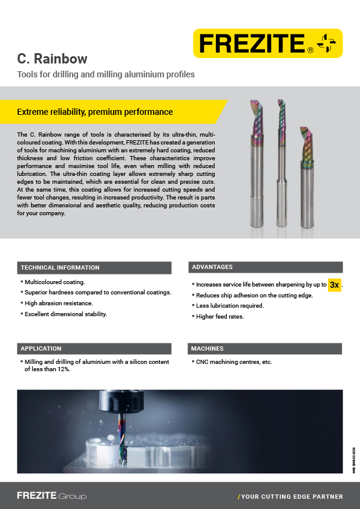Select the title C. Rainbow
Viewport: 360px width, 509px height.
point(53,59)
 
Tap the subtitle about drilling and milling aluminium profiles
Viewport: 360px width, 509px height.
point(106,75)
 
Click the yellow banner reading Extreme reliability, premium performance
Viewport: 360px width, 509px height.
point(95,112)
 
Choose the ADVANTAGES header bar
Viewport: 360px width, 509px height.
point(265,267)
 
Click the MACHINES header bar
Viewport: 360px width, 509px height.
point(265,349)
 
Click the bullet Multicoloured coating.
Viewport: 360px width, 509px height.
point(54,282)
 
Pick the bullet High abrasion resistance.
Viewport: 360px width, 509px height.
point(59,303)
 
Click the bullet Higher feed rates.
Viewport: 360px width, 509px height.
point(220,316)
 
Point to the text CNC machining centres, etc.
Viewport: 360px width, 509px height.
point(234,362)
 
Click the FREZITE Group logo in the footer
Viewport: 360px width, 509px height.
point(51,496)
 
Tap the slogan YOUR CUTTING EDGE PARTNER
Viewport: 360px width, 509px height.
point(292,497)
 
